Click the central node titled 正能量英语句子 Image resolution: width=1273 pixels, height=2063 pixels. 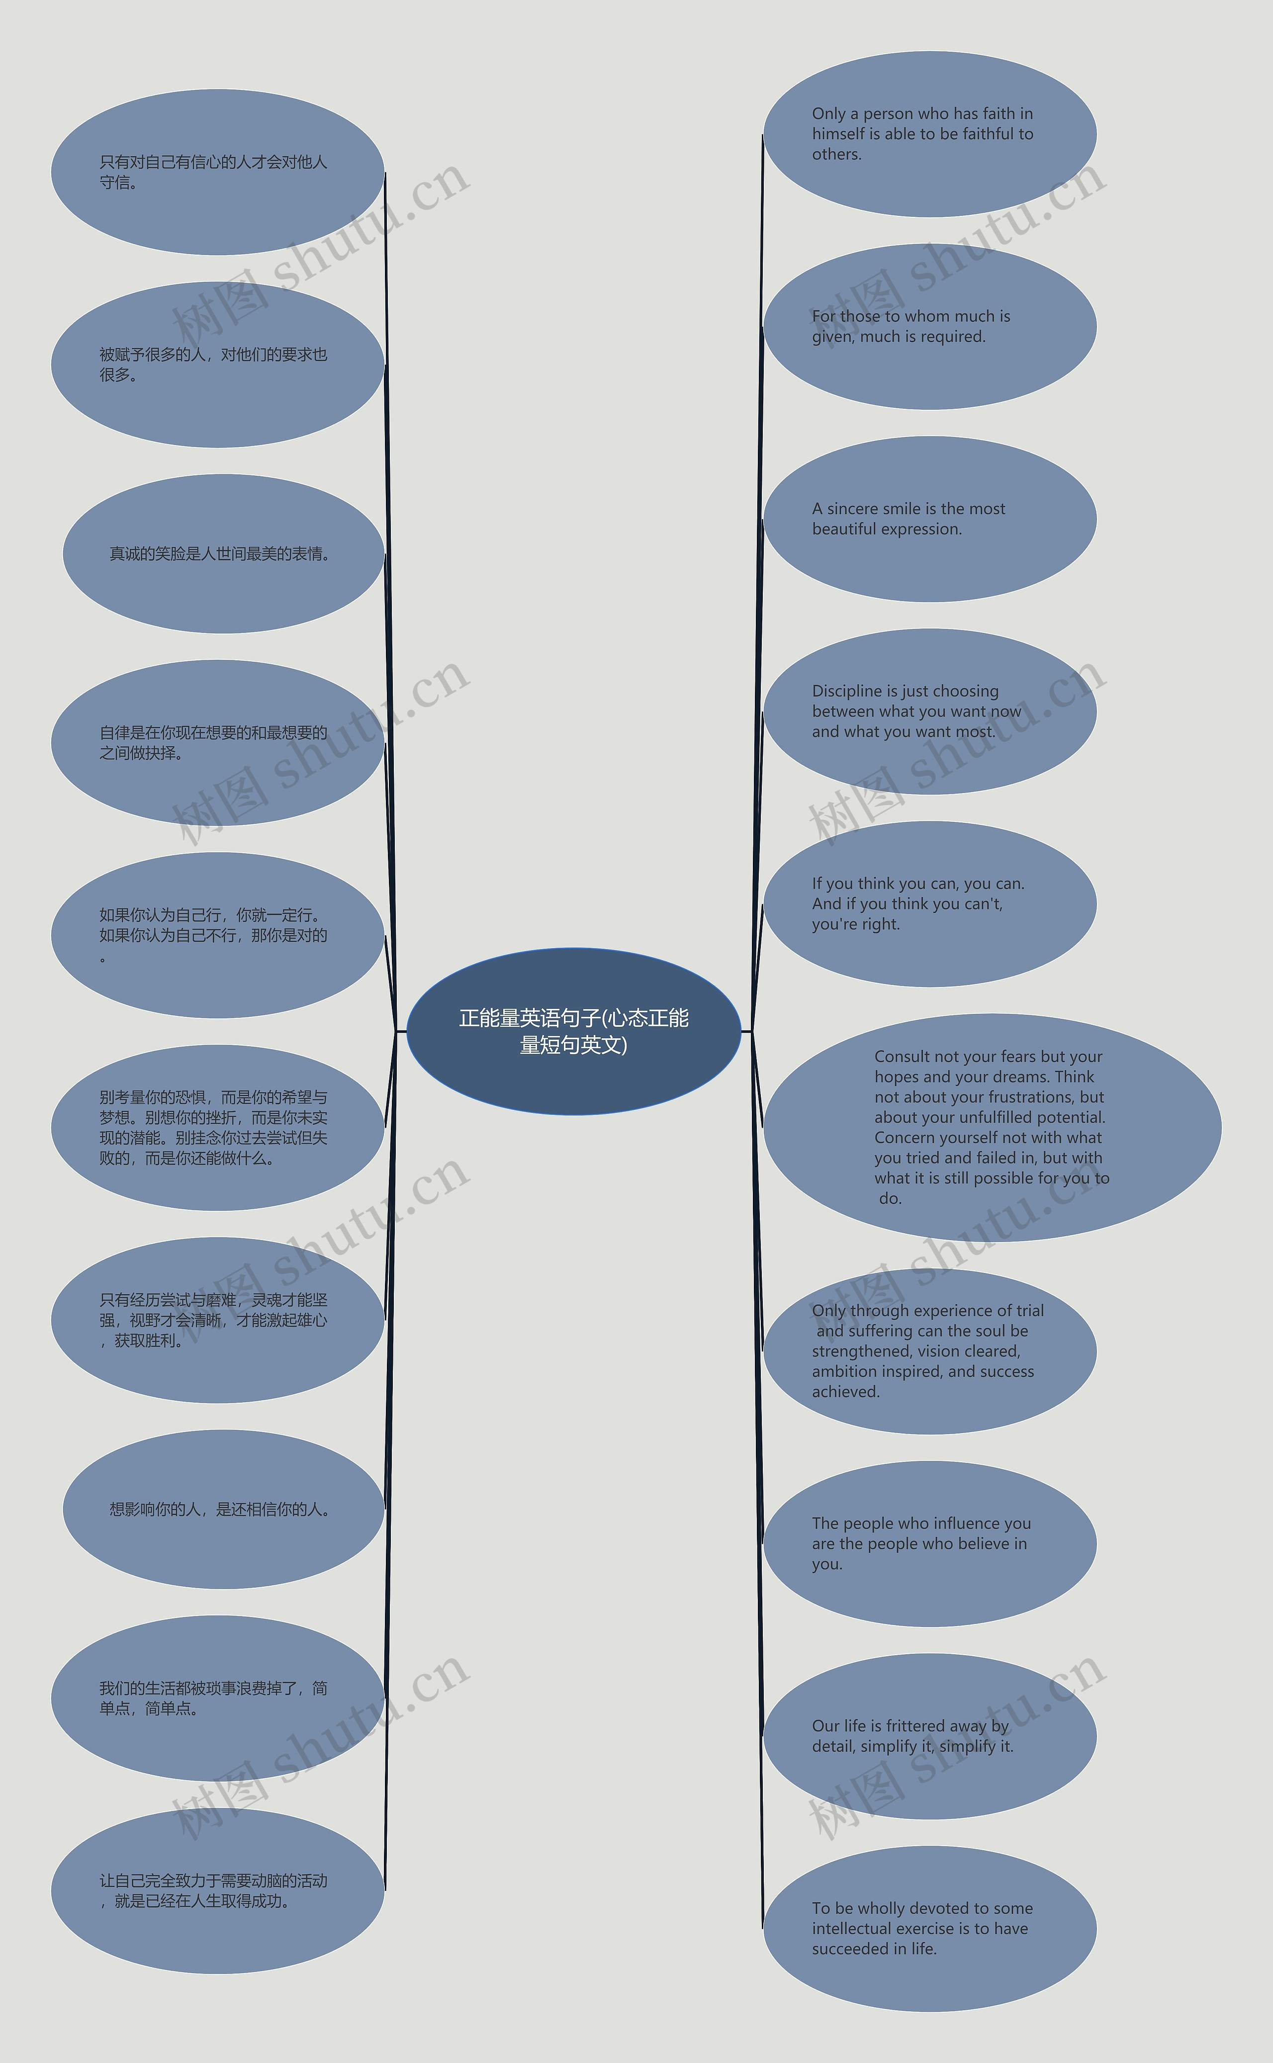(573, 1031)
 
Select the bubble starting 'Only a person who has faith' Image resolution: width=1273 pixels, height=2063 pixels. (929, 134)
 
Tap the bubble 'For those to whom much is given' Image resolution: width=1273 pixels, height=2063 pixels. (929, 327)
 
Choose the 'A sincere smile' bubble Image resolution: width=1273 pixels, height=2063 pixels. (929, 519)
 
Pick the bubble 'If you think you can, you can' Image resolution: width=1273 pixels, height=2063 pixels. (929, 904)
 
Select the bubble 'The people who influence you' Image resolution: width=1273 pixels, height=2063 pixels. (929, 1544)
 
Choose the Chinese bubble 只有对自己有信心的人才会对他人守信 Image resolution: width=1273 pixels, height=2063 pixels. (217, 173)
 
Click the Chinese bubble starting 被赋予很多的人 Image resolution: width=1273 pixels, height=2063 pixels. (217, 364)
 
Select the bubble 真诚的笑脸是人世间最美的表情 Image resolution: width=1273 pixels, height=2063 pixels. (223, 554)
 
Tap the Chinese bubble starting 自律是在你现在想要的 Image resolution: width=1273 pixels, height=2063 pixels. (217, 742)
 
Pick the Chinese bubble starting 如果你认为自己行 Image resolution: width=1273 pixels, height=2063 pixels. (217, 935)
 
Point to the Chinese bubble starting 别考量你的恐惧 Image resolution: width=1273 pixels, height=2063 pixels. (217, 1128)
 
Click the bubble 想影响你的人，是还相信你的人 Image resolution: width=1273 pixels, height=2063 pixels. (223, 1509)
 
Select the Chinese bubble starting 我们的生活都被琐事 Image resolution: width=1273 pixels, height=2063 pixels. (217, 1699)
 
